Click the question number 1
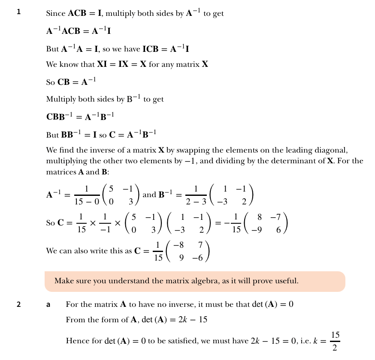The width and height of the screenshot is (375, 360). click(18, 12)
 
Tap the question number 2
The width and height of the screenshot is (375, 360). click(18, 305)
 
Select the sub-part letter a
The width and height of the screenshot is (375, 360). click(48, 305)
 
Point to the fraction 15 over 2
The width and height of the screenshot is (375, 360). click(335, 341)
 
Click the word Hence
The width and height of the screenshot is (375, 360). click(76, 341)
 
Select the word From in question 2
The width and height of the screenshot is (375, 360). click(74, 320)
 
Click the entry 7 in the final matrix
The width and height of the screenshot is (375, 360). click(200, 246)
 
